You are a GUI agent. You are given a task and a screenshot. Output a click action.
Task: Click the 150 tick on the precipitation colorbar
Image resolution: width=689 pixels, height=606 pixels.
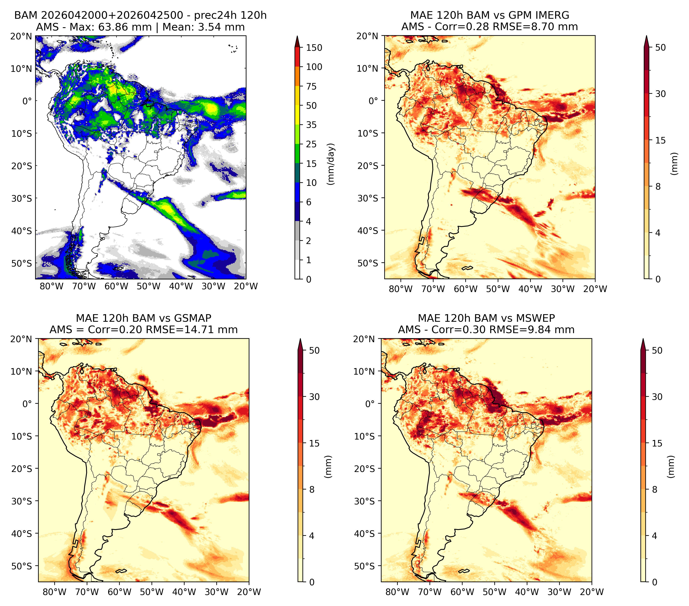(314, 48)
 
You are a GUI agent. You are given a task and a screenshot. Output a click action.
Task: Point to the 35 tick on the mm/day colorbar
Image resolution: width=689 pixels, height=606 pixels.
(311, 125)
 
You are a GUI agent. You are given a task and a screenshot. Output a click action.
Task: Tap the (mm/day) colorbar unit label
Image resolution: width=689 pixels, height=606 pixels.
(331, 164)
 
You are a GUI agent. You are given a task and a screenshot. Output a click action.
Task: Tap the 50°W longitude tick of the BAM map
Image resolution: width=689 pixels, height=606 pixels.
(149, 286)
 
